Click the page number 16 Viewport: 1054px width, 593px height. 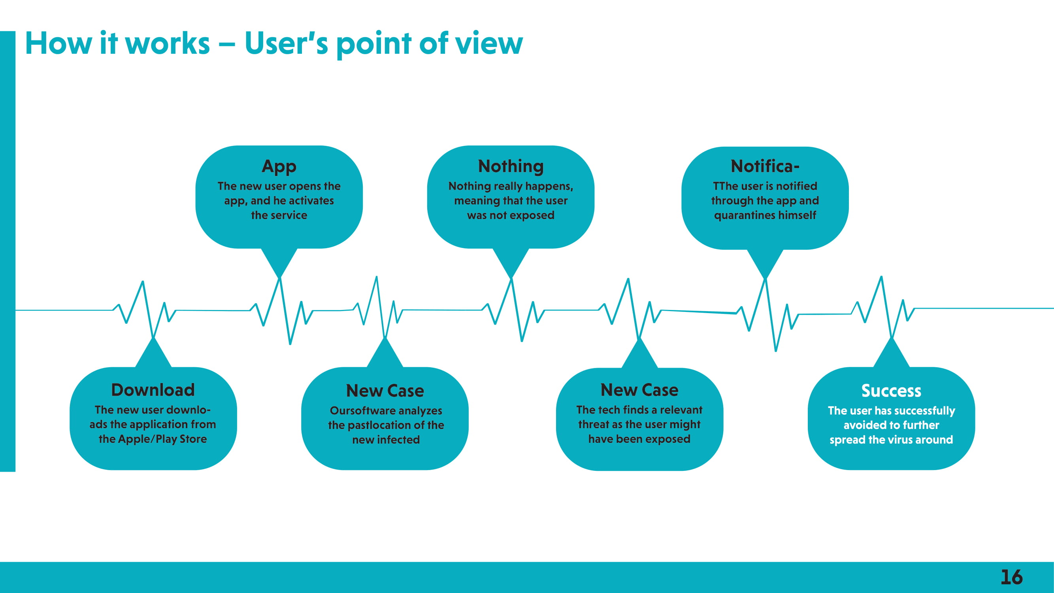(1011, 577)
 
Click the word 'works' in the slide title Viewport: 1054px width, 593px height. (167, 43)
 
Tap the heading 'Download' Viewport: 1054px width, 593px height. (153, 390)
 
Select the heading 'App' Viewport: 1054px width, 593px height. (279, 167)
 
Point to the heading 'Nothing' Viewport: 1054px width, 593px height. (511, 166)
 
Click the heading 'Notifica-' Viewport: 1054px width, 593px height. (765, 166)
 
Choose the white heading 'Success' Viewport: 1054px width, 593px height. (891, 391)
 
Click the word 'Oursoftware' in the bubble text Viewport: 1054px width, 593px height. (358, 410)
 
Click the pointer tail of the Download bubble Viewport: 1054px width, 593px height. (153, 352)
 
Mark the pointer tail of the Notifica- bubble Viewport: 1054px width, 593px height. (765, 264)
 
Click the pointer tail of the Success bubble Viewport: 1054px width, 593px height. (891, 352)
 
